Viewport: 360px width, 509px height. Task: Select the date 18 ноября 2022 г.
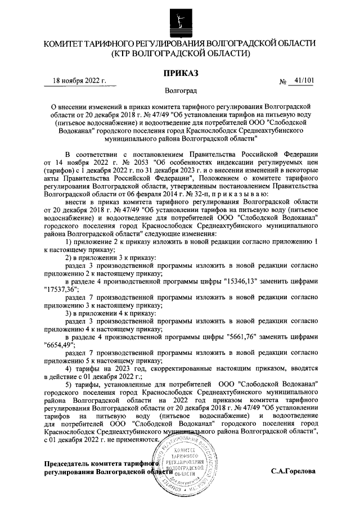click(79, 81)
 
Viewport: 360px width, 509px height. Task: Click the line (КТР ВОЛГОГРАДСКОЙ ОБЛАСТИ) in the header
click(179, 54)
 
